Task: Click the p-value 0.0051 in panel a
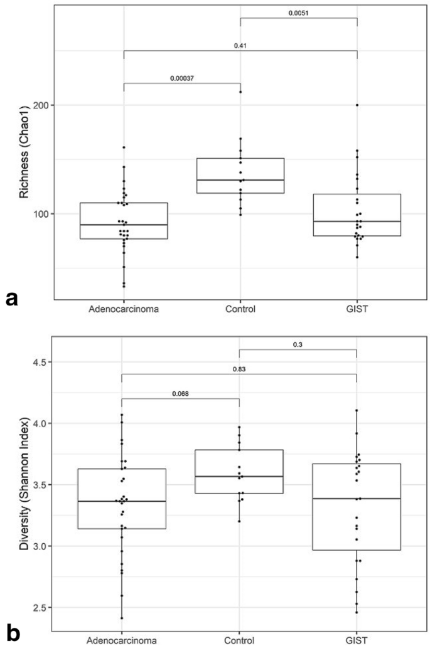click(x=298, y=13)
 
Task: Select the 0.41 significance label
click(x=240, y=45)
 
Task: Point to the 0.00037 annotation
click(x=181, y=78)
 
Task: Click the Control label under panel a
click(x=240, y=309)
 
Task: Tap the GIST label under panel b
click(x=357, y=640)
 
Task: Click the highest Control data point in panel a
click(x=240, y=92)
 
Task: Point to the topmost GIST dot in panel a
click(x=357, y=105)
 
